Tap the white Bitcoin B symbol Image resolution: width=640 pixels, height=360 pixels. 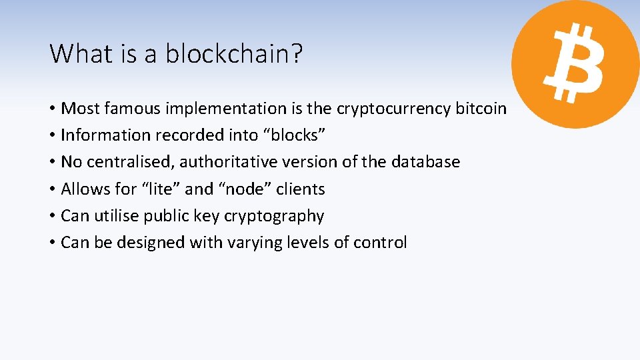573,64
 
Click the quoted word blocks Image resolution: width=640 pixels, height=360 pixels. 297,135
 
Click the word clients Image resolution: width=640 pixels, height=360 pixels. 301,189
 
